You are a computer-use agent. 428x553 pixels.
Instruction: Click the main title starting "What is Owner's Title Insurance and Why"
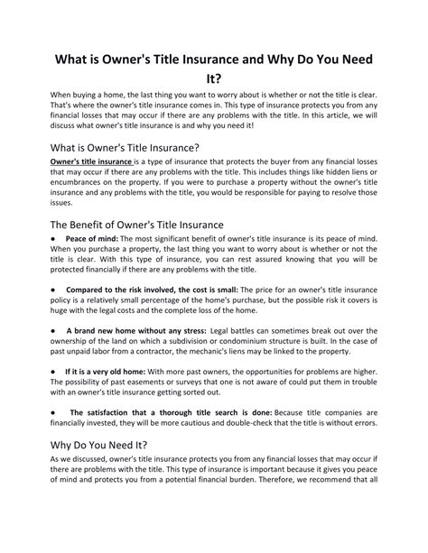point(214,60)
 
